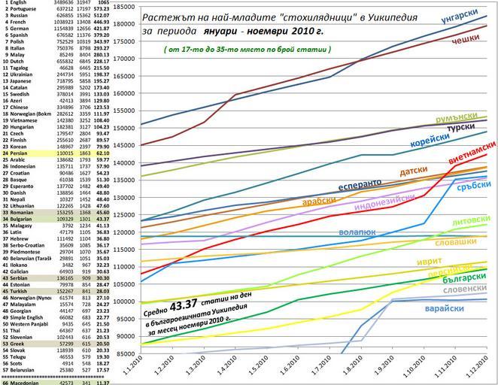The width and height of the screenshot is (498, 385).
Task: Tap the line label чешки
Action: coord(465,40)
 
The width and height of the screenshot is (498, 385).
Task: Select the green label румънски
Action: coord(456,118)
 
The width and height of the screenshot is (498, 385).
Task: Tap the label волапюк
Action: coord(357,234)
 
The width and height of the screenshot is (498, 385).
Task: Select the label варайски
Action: coord(460,308)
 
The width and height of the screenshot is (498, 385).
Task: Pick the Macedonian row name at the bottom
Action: coord(25,382)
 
